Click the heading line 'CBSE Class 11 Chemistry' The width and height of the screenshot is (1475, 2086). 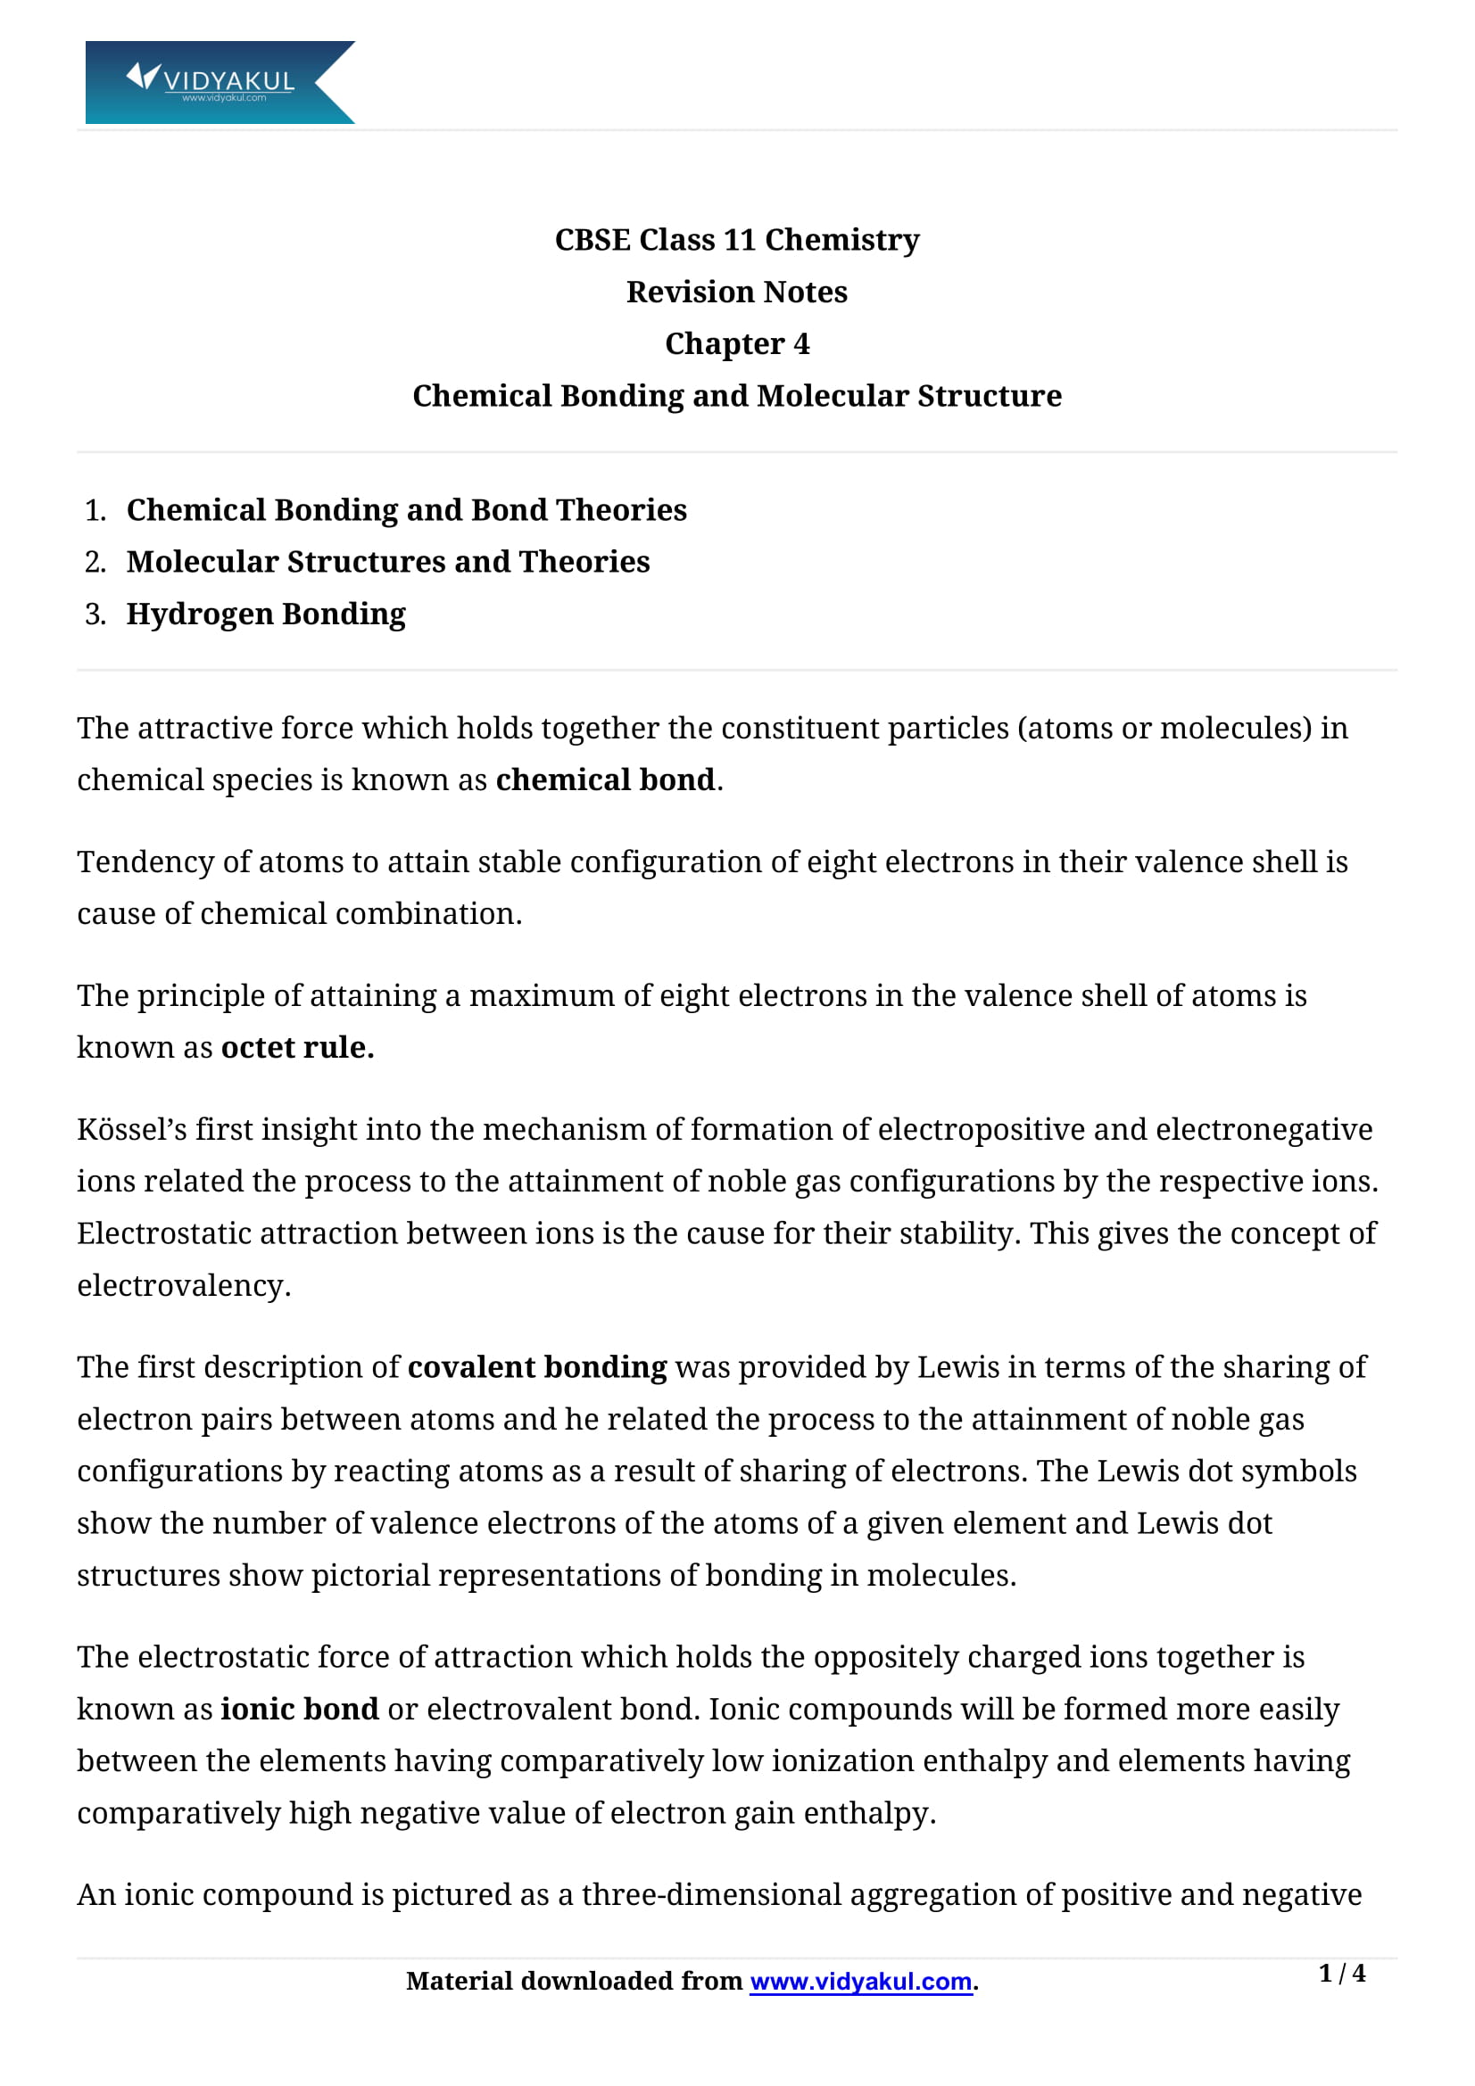pyautogui.click(x=737, y=240)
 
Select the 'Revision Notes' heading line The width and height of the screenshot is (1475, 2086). pyautogui.click(x=737, y=293)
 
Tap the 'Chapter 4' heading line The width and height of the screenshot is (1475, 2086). pyautogui.click(x=737, y=344)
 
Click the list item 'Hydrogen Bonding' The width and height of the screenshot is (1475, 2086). pyautogui.click(x=265, y=614)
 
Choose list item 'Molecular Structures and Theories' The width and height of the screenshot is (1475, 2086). pyautogui.click(x=388, y=563)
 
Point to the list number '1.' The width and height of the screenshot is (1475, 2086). pyautogui.click(x=95, y=511)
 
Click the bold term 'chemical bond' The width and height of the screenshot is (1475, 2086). pyautogui.click(x=605, y=780)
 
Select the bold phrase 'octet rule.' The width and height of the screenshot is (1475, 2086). pyautogui.click(x=297, y=1048)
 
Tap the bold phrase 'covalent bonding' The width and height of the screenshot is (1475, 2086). pyautogui.click(x=537, y=1367)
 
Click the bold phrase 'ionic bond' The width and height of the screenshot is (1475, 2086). pyautogui.click(x=299, y=1709)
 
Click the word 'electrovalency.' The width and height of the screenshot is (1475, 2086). pyautogui.click(x=184, y=1286)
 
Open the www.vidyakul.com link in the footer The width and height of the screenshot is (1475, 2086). pyautogui.click(x=861, y=1982)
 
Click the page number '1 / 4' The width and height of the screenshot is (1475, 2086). pyautogui.click(x=1341, y=1974)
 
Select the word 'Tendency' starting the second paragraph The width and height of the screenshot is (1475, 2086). pyautogui.click(x=145, y=862)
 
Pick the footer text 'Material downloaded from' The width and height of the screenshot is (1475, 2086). pyautogui.click(x=574, y=1982)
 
